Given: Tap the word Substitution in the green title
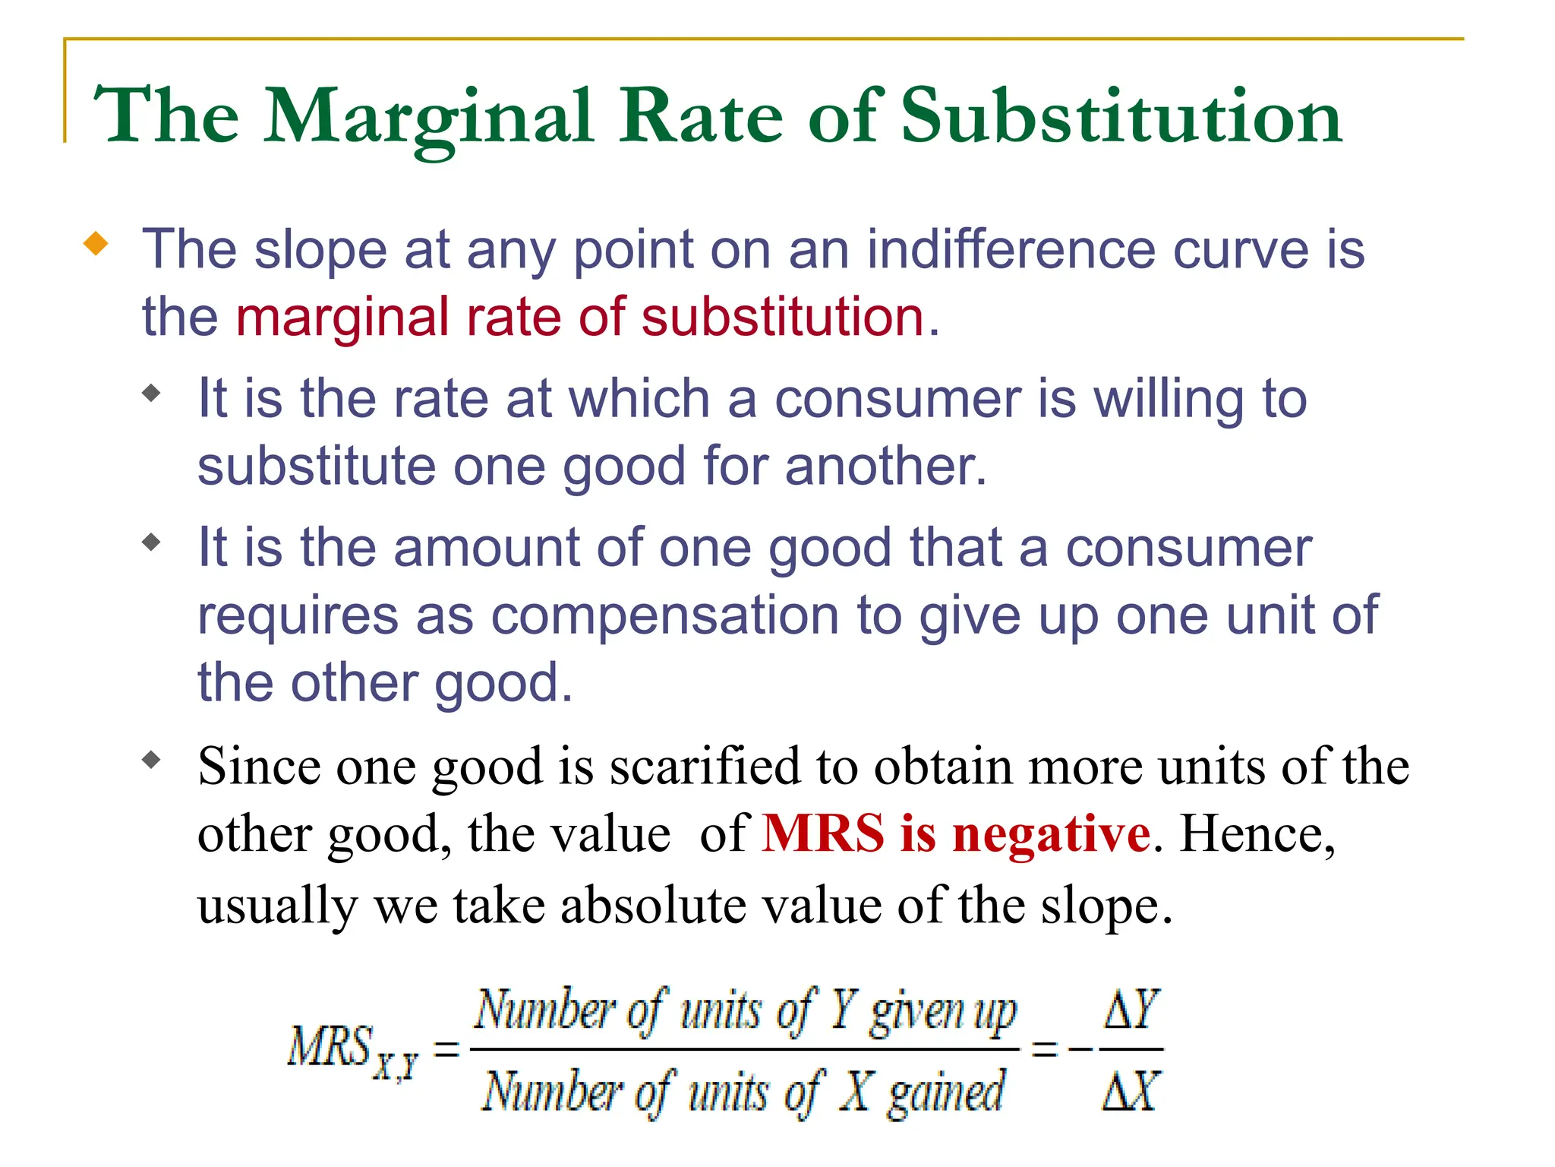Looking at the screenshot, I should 1121,117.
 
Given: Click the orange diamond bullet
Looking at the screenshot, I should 96,245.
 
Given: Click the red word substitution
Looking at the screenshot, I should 782,317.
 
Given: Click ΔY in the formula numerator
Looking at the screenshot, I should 1131,1010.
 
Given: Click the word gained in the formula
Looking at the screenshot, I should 946,1093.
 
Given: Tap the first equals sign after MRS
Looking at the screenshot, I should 446,1050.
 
